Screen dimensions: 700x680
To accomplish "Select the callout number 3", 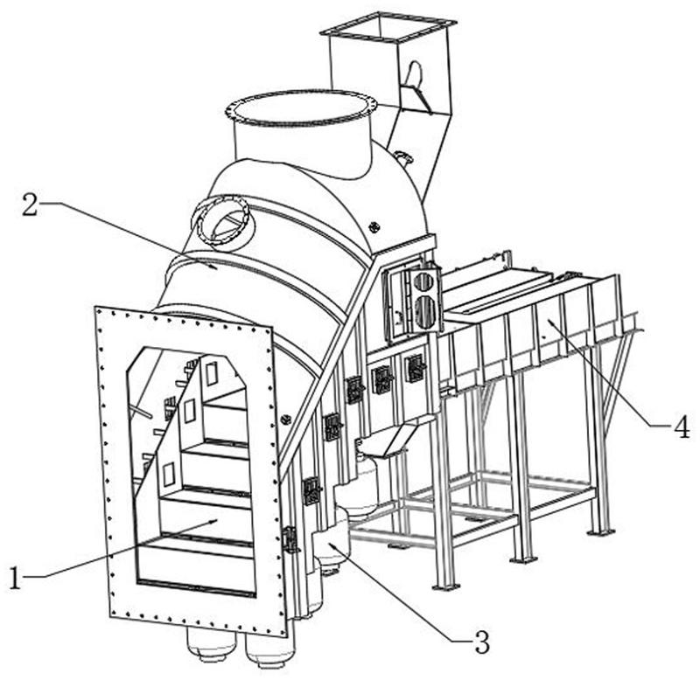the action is click(479, 644).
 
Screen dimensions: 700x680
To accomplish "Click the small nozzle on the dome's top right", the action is click(402, 159).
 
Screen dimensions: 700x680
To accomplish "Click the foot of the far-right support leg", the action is click(600, 530).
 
